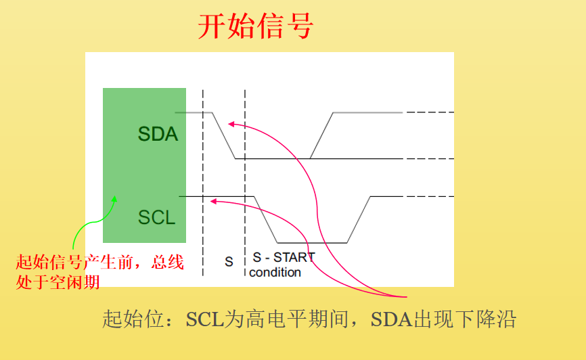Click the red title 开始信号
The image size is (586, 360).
click(x=255, y=26)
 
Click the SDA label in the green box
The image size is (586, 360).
click(x=158, y=134)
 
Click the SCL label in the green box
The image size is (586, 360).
click(x=157, y=217)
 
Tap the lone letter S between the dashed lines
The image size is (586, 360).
click(x=229, y=261)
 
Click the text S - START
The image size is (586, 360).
click(x=284, y=258)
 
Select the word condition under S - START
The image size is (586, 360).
click(x=275, y=273)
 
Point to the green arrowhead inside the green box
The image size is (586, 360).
click(x=114, y=199)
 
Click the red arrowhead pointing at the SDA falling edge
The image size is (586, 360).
click(x=231, y=124)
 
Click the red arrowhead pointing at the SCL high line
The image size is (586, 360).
click(x=213, y=200)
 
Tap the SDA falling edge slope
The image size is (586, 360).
click(x=224, y=135)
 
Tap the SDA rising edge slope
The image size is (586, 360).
click(x=321, y=135)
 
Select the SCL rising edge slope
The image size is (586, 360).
click(x=359, y=220)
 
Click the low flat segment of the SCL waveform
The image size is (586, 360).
click(x=313, y=242)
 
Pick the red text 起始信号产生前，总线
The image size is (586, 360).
click(x=99, y=263)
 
